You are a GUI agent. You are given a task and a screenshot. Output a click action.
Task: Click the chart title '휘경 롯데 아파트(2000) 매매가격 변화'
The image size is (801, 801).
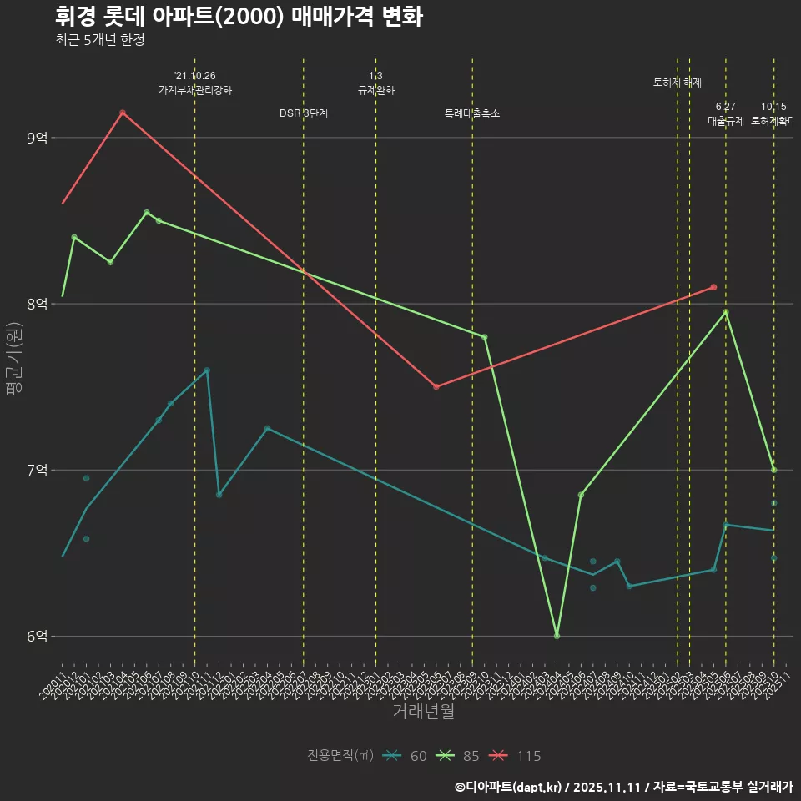239,17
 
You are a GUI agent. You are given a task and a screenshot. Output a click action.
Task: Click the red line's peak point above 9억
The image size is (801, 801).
123,113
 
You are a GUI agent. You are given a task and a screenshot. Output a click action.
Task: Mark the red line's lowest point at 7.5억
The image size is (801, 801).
436,387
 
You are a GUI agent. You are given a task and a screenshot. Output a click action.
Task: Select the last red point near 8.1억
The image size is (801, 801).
713,287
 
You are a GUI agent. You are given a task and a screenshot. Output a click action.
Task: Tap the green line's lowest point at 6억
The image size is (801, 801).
557,636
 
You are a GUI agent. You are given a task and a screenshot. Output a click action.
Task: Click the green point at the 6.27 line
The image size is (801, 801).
726,312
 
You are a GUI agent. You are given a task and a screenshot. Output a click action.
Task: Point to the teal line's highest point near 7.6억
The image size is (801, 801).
207,370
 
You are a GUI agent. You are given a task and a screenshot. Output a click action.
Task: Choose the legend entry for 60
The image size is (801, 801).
406,756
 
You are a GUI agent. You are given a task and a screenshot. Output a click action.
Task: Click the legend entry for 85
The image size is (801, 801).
458,756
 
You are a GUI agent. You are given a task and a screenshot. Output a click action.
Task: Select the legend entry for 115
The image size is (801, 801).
514,756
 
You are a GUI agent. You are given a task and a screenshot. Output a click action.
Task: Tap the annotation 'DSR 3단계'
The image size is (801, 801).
304,113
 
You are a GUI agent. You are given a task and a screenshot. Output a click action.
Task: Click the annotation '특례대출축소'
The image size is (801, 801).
472,113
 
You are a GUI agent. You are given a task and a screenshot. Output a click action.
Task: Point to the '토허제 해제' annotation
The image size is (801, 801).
678,83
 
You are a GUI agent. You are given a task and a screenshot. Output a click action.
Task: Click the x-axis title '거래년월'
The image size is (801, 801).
423,712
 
